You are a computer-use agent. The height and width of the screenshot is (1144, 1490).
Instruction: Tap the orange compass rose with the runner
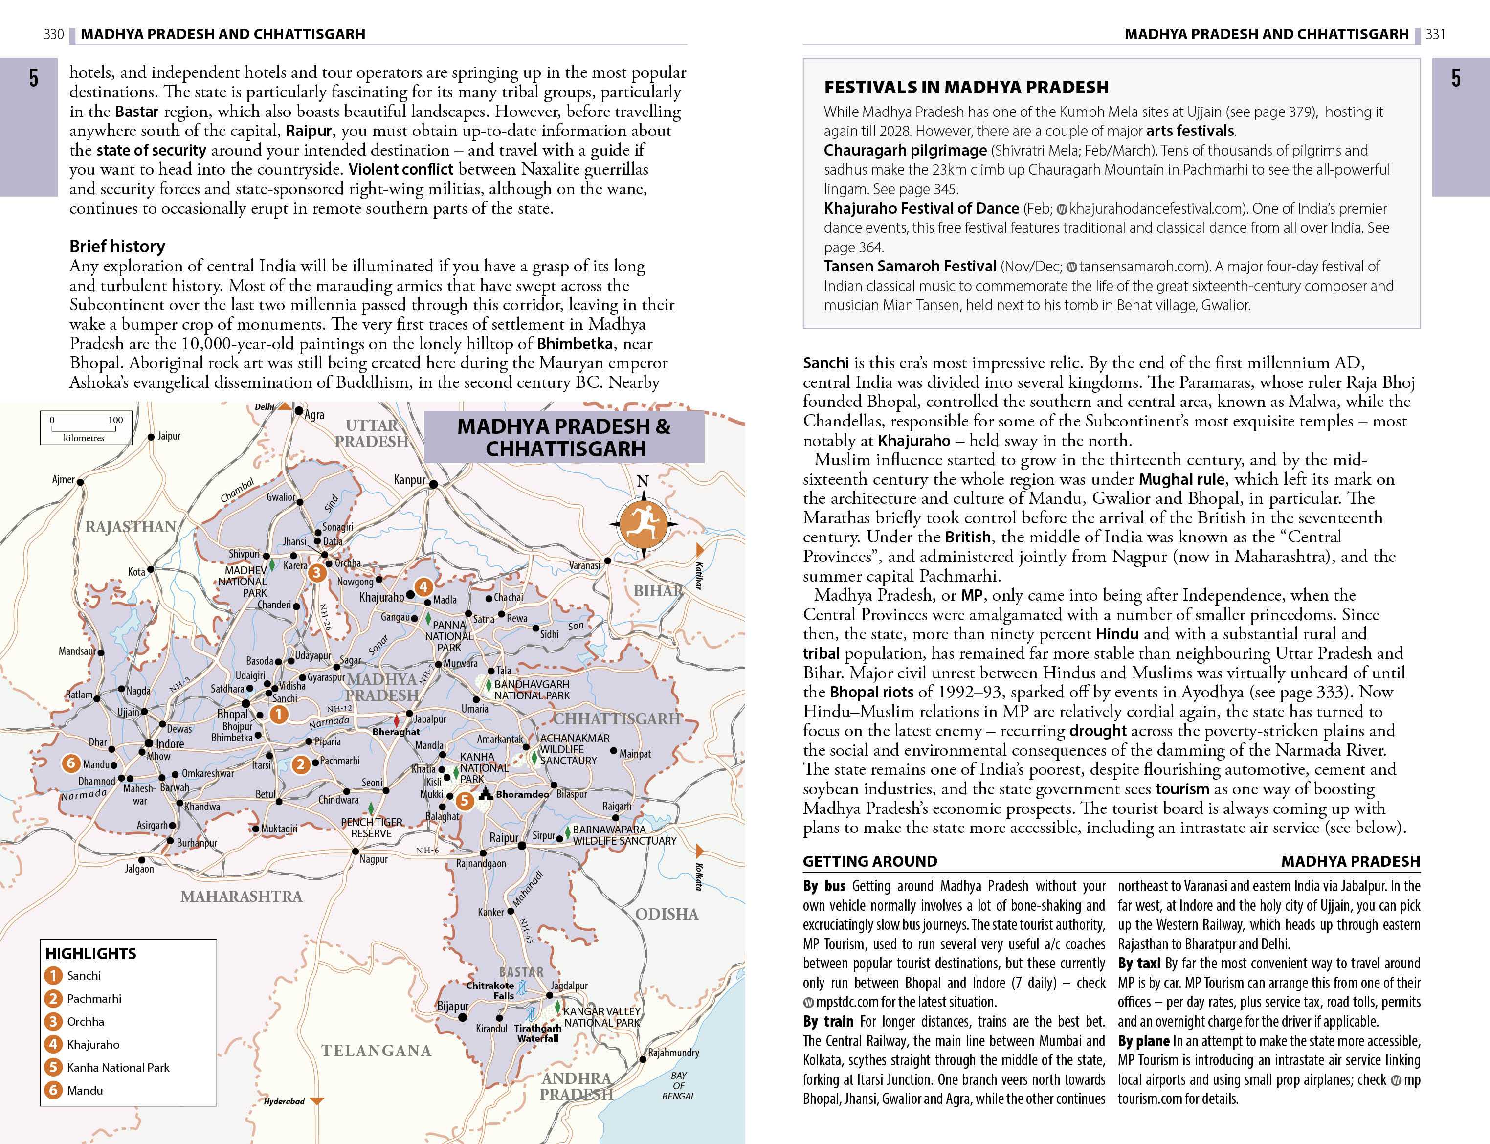tap(643, 524)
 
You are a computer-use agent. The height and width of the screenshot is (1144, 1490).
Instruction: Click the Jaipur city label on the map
tap(169, 436)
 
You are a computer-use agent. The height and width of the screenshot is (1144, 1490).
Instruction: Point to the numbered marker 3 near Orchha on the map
tap(316, 573)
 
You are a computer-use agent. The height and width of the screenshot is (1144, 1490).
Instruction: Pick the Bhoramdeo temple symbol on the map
tap(485, 793)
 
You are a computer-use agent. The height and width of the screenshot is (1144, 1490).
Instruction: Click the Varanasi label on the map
tap(585, 565)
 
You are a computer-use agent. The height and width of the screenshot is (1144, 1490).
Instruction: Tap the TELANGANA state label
tap(377, 1051)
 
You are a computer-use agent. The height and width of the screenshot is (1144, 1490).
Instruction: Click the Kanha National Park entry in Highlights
tap(118, 1067)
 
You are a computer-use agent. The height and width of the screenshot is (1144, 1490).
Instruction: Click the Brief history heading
tap(117, 246)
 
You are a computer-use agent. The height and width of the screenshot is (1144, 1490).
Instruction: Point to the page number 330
tap(53, 34)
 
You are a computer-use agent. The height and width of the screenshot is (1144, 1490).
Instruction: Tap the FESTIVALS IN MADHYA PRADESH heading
tap(966, 87)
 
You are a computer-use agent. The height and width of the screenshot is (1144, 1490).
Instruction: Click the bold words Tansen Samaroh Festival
tap(910, 266)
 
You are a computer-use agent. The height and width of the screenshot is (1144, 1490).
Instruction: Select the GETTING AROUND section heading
tap(869, 861)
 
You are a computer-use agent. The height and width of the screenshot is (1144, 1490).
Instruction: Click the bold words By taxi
tap(1139, 963)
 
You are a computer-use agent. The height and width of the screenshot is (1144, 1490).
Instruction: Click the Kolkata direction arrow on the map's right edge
tap(699, 851)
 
